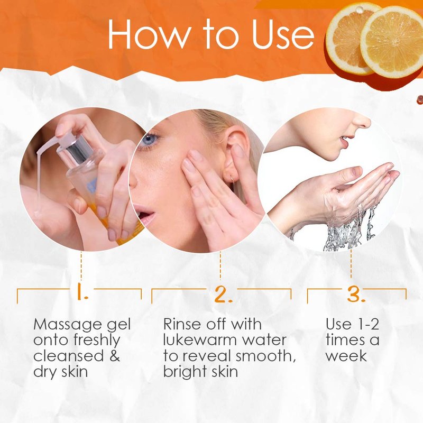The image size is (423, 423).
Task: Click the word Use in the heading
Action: click(x=283, y=35)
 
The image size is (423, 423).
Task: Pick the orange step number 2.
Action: click(x=223, y=294)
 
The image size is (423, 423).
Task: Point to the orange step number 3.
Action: click(x=355, y=294)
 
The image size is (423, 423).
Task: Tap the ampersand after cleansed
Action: click(x=115, y=355)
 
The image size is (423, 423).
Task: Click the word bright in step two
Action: click(x=185, y=372)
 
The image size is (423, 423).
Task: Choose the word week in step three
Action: click(x=346, y=355)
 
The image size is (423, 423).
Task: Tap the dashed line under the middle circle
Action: click(x=220, y=265)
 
